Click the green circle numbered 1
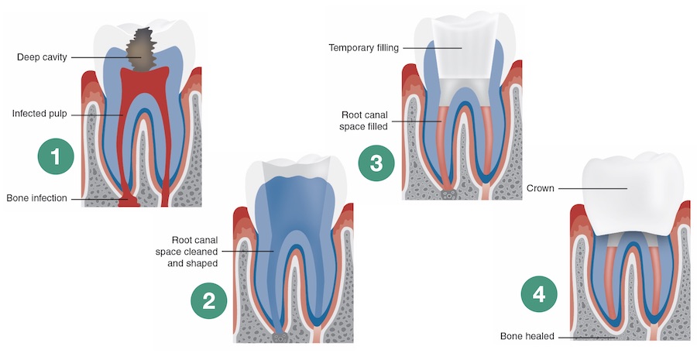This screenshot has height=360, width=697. pyautogui.click(x=55, y=156)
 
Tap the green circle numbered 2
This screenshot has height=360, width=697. pyautogui.click(x=209, y=301)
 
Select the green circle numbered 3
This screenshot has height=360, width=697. pyautogui.click(x=376, y=163)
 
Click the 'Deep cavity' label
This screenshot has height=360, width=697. pyautogui.click(x=43, y=57)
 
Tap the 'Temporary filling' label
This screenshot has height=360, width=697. pyautogui.click(x=364, y=48)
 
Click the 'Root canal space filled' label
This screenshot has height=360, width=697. pyautogui.click(x=369, y=120)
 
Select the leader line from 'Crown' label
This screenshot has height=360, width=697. pyautogui.click(x=592, y=188)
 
